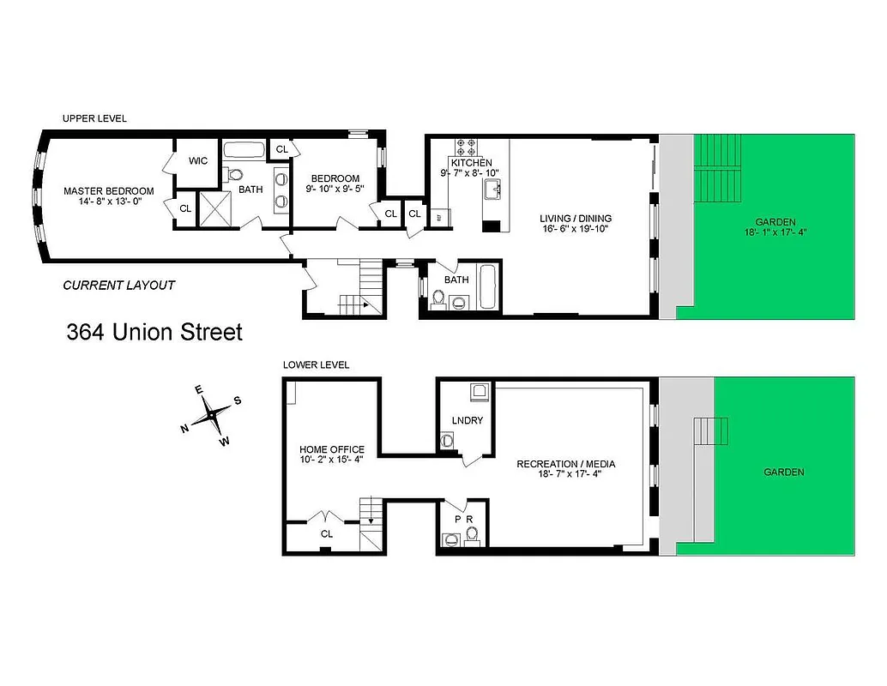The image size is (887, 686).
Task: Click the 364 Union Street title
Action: click(x=154, y=332)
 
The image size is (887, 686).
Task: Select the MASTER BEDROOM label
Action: click(x=109, y=190)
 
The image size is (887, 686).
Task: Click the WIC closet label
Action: click(x=198, y=160)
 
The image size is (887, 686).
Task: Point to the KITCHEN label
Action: click(x=471, y=162)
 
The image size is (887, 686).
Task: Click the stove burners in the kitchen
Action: click(x=471, y=146)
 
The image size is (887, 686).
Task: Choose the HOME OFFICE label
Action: click(x=331, y=449)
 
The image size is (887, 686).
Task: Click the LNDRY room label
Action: click(x=468, y=420)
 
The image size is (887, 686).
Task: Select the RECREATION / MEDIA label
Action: click(x=565, y=465)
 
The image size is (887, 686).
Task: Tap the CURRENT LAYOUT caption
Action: click(x=119, y=286)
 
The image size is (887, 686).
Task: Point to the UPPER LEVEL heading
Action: click(x=94, y=118)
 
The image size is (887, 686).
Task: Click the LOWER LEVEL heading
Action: click(x=316, y=364)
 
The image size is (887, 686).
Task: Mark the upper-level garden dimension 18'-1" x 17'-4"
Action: click(x=776, y=232)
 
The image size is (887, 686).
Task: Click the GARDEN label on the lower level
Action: click(x=784, y=472)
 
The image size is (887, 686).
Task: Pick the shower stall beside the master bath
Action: click(x=215, y=208)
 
